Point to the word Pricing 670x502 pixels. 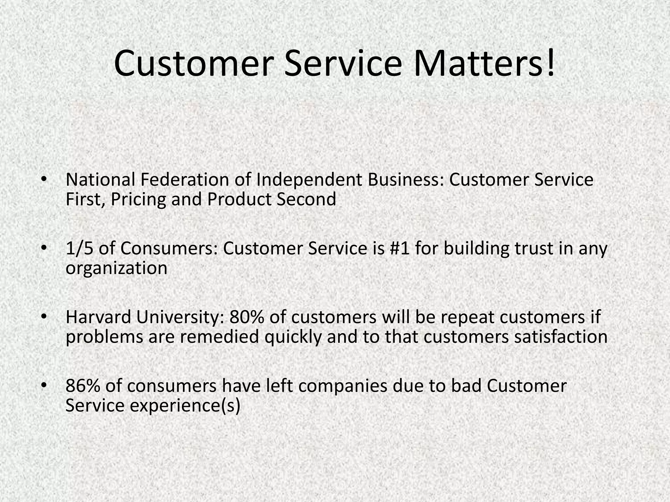click(138, 199)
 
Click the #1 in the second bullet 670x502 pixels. click(400, 248)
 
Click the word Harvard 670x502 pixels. click(98, 317)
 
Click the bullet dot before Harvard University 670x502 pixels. click(44, 317)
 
